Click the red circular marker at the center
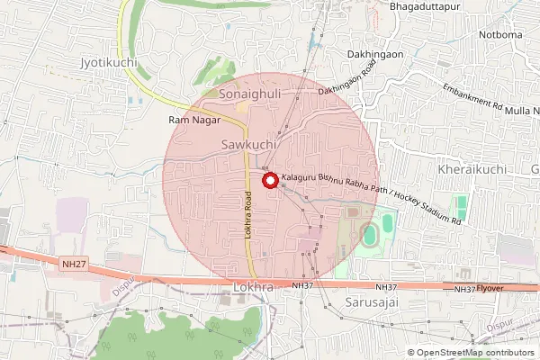click(269, 181)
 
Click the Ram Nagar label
click(189, 119)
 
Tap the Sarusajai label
click(371, 304)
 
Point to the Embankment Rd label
click(472, 97)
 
